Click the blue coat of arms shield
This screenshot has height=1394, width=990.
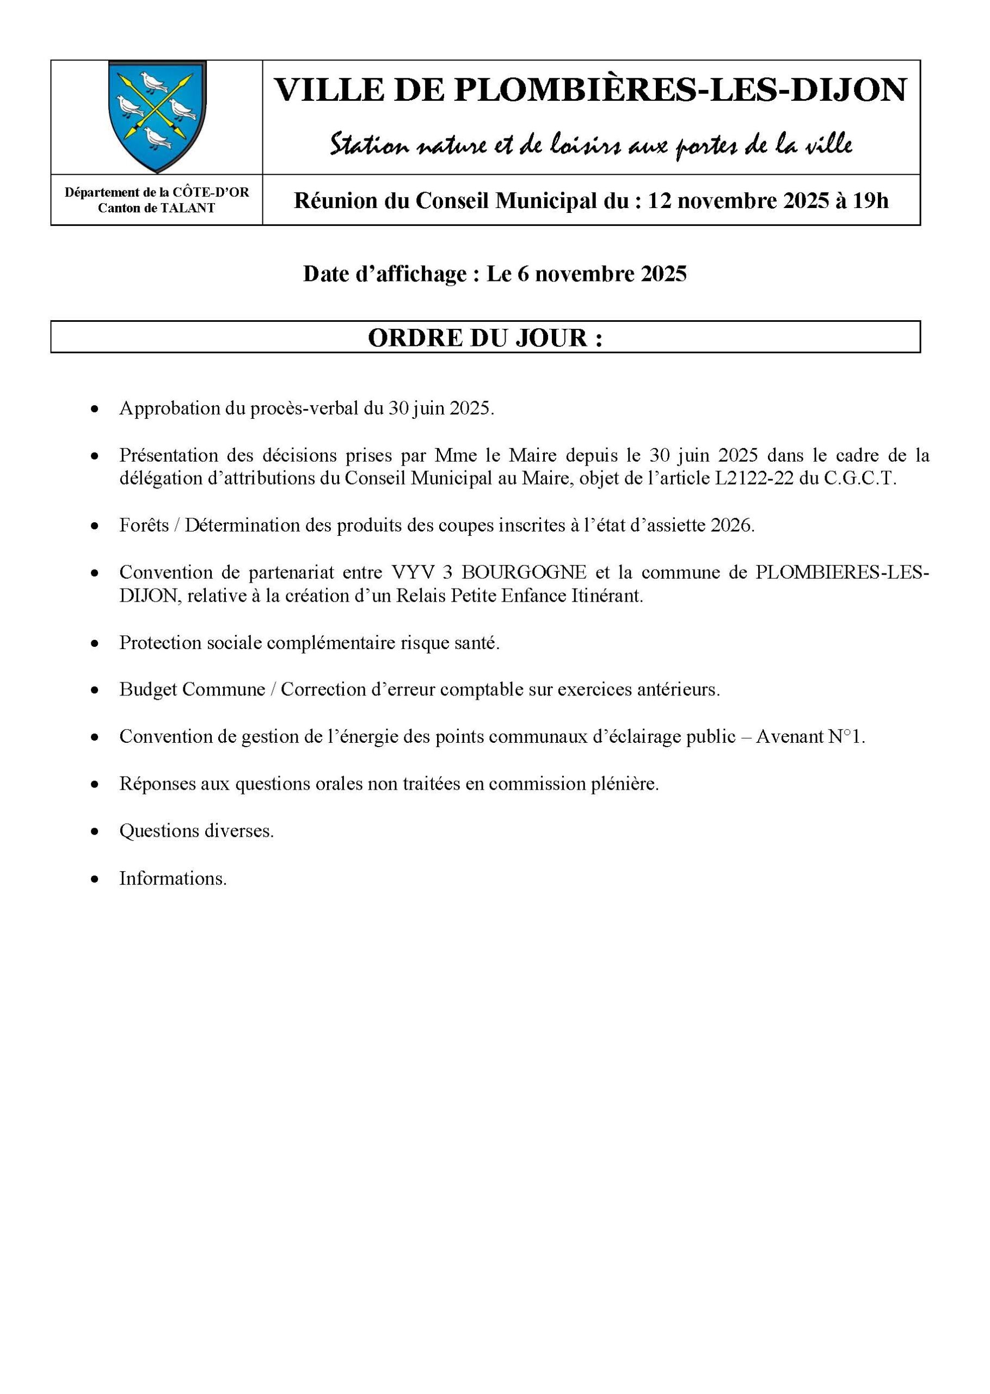[157, 115]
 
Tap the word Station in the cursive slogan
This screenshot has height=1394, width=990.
[367, 145]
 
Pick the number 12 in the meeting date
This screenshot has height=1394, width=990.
[660, 200]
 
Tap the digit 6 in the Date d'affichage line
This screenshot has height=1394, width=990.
[523, 274]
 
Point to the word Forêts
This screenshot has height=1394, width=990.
[144, 525]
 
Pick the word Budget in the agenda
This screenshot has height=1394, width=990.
[147, 690]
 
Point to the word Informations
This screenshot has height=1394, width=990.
[173, 878]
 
